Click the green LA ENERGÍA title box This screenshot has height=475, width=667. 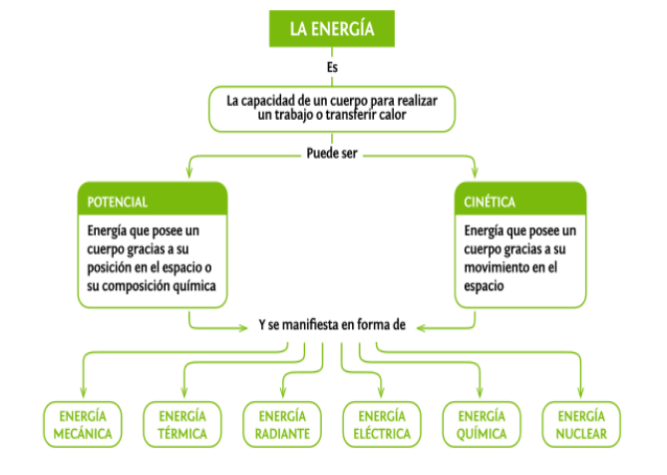332,29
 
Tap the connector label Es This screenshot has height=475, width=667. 332,67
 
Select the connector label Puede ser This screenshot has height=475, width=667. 332,154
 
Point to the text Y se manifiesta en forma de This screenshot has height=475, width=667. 332,324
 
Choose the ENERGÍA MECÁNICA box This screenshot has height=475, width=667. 83,424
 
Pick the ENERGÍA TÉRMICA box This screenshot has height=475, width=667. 182,424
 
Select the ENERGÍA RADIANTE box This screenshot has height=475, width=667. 282,424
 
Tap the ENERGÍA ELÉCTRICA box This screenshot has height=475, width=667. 382,424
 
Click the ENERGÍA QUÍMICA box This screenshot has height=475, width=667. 482,424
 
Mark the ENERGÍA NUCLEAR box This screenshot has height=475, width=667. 581,424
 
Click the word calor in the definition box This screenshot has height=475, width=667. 393,115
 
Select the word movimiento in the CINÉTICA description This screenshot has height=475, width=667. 493,267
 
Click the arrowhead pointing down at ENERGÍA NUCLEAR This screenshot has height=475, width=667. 581,392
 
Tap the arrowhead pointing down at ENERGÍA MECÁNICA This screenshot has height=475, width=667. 83,392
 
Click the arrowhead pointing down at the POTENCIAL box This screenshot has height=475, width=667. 189,172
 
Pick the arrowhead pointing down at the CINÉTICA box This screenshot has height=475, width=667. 475,172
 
